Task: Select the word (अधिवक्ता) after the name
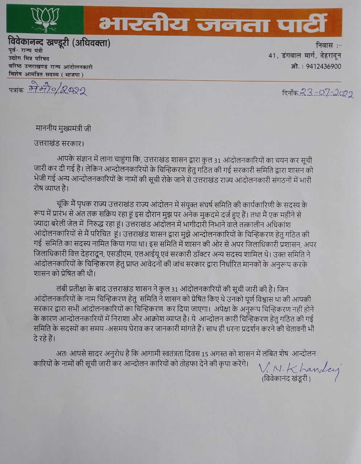91,43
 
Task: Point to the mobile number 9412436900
323,66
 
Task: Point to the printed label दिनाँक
290,93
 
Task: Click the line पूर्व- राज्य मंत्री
25,51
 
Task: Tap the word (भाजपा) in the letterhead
72,75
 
